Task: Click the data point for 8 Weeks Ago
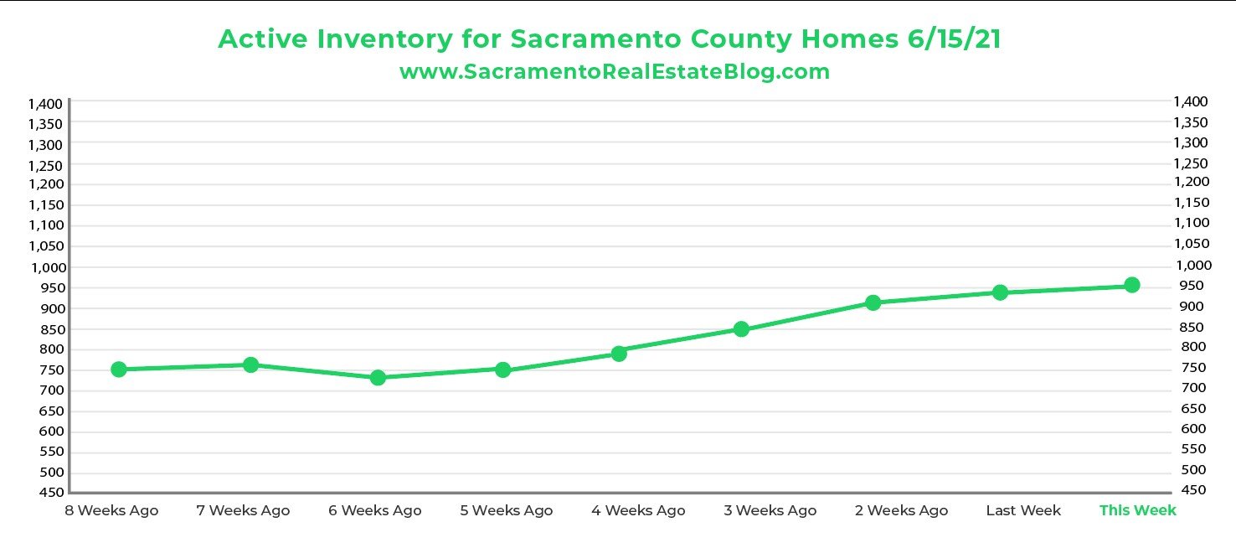(x=119, y=370)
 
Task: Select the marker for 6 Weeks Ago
(x=378, y=378)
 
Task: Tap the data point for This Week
(x=1132, y=285)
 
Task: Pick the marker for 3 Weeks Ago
(x=741, y=329)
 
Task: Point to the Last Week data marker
(x=1000, y=292)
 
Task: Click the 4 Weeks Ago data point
(x=619, y=354)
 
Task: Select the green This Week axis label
(x=1137, y=510)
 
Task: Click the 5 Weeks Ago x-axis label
(x=506, y=510)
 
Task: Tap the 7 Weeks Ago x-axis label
(x=243, y=510)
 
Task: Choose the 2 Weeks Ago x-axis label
(x=901, y=510)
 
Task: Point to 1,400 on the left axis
(x=45, y=104)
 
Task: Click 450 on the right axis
(x=1190, y=490)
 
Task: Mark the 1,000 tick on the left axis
(x=45, y=267)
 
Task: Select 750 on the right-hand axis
(x=1190, y=368)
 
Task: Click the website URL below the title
(x=615, y=72)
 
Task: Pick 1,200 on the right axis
(x=1190, y=182)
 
